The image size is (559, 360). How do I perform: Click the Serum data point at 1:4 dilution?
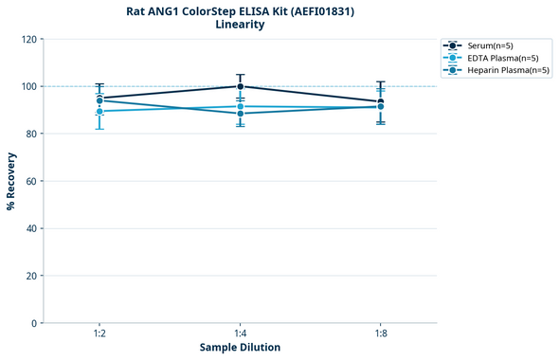[x=240, y=86]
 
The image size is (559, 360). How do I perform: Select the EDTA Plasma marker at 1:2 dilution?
[x=99, y=111]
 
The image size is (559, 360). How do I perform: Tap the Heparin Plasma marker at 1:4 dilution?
[x=240, y=114]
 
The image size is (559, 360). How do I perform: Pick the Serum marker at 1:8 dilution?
[x=380, y=101]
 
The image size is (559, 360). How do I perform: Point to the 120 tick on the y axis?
[x=28, y=39]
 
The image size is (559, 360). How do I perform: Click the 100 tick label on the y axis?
[x=28, y=86]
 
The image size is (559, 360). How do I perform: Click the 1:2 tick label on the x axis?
[x=99, y=333]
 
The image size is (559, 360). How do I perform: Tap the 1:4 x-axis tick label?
[x=240, y=333]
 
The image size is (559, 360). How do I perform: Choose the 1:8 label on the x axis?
[x=380, y=333]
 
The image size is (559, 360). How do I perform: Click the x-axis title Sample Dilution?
[x=240, y=348]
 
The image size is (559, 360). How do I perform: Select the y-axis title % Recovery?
[x=11, y=180]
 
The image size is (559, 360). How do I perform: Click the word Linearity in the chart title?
[x=240, y=25]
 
